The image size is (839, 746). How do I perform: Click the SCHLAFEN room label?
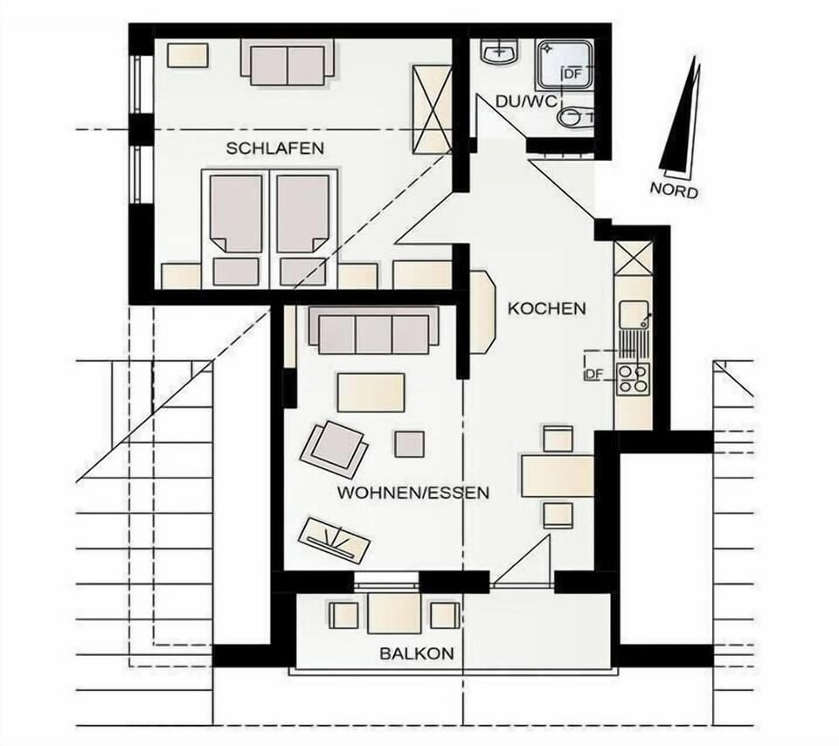[x=275, y=149]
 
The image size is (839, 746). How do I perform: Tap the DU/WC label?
[x=526, y=101]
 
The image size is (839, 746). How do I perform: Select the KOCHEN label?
[x=546, y=308]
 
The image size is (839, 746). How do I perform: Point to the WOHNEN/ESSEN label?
[x=413, y=493]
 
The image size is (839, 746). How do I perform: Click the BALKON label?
[x=417, y=653]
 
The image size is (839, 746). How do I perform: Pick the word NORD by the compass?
[x=674, y=190]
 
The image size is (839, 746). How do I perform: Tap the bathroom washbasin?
[x=500, y=52]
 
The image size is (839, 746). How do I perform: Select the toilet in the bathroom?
[x=576, y=117]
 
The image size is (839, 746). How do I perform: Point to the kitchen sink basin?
[x=634, y=314]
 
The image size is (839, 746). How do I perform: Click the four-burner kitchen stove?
[x=633, y=379]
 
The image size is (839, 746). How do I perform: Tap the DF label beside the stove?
[x=594, y=374]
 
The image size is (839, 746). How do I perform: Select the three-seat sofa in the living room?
[x=373, y=331]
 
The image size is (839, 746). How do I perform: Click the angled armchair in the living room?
[x=335, y=449]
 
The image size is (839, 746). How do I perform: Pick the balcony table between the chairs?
[x=395, y=613]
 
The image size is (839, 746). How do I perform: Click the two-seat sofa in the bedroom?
[x=288, y=63]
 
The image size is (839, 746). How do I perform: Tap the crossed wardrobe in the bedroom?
[x=431, y=109]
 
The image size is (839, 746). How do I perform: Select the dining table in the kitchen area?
[x=558, y=475]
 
